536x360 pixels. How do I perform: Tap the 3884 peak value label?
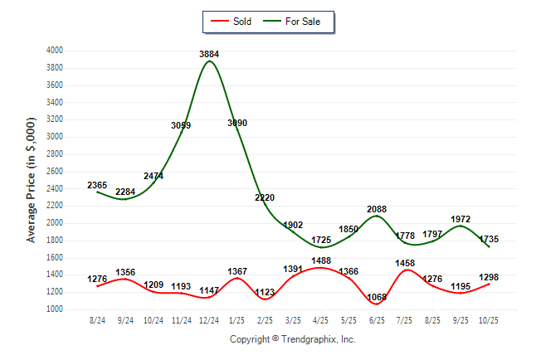click(x=209, y=55)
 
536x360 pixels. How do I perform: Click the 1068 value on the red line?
click(x=377, y=298)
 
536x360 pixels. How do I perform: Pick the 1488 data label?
click(x=321, y=260)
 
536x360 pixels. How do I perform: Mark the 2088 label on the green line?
click(x=377, y=209)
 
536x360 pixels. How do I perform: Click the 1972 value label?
click(x=461, y=220)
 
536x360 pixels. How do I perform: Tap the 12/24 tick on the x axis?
click(x=209, y=319)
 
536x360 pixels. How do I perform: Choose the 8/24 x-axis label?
click(x=98, y=319)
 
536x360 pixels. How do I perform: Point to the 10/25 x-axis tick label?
click(x=489, y=319)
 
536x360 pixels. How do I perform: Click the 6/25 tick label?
click(x=377, y=319)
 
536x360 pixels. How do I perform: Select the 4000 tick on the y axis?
click(x=55, y=51)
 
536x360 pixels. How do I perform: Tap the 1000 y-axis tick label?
click(x=55, y=309)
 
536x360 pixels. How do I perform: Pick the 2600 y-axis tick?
click(x=55, y=172)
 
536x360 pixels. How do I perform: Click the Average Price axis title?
click(x=32, y=180)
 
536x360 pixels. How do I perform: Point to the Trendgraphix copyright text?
click(x=292, y=339)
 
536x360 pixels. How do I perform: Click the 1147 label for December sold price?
click(x=209, y=291)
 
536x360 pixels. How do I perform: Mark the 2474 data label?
click(x=153, y=177)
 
